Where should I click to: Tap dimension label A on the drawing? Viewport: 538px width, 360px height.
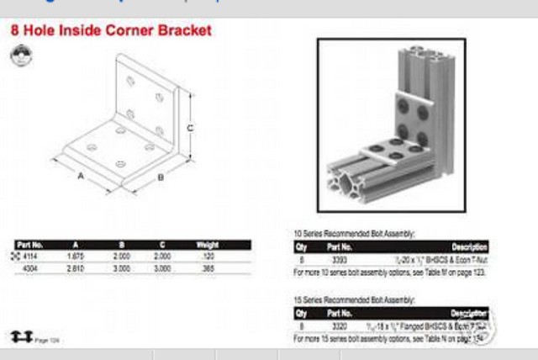(x=81, y=177)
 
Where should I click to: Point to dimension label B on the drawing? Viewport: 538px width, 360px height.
(x=161, y=177)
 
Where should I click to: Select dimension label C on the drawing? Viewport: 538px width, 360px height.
(x=191, y=128)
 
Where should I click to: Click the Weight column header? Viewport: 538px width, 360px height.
(x=207, y=245)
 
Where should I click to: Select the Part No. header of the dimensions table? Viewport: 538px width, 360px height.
(x=29, y=245)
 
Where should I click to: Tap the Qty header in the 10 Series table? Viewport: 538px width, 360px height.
(x=301, y=248)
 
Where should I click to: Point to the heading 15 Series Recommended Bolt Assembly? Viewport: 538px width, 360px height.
(x=354, y=299)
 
